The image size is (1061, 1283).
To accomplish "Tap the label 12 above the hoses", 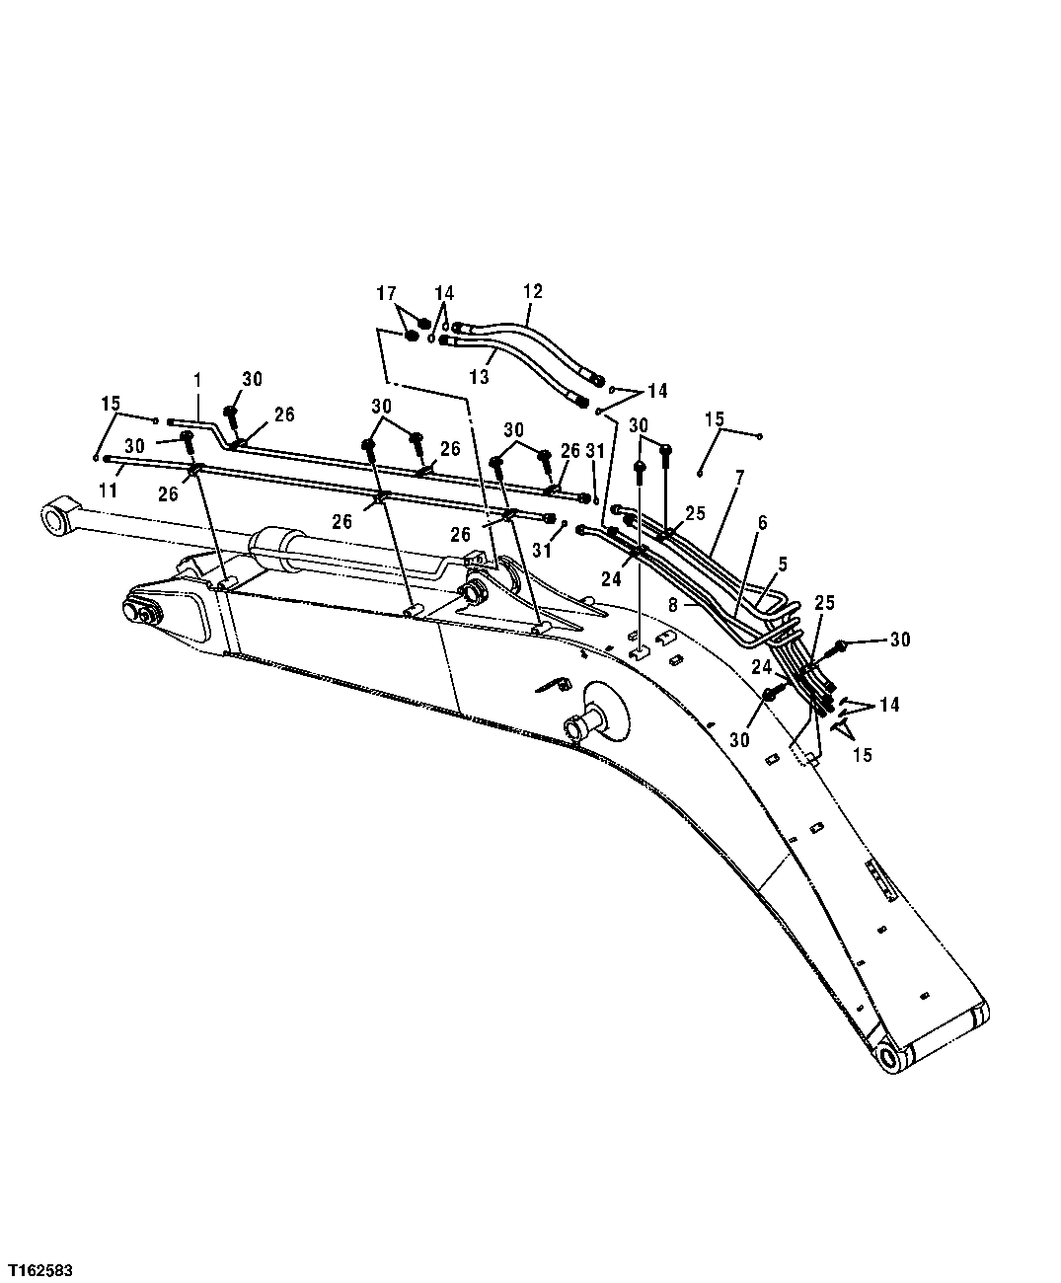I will [533, 291].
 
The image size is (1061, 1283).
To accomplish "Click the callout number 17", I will [386, 293].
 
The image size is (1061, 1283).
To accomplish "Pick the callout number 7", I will [739, 476].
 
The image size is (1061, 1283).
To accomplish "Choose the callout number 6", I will [761, 522].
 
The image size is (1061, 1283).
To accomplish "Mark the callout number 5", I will [783, 565].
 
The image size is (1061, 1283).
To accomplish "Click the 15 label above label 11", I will [110, 403].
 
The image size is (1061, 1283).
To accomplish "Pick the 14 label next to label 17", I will [444, 293].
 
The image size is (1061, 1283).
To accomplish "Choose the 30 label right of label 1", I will [253, 379].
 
